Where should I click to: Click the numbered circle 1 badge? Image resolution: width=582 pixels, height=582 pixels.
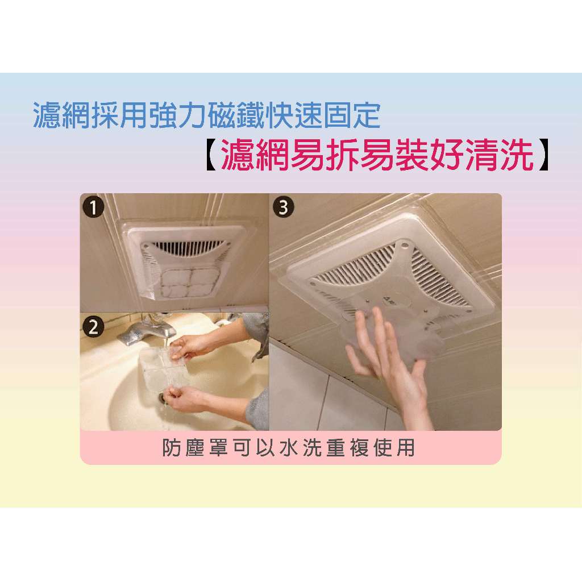(94, 207)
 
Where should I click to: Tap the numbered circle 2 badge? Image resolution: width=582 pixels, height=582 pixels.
(94, 327)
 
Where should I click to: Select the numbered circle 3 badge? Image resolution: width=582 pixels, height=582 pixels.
(284, 207)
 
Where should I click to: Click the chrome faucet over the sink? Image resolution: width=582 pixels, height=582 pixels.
(147, 329)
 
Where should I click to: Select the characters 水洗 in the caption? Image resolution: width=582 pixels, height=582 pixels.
(301, 448)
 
